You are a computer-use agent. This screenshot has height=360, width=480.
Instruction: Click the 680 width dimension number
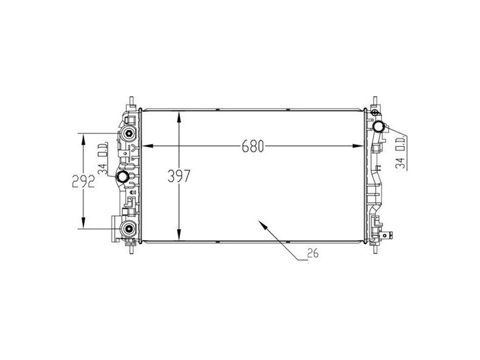[253, 146]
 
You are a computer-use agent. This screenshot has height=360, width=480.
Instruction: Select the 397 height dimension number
[179, 176]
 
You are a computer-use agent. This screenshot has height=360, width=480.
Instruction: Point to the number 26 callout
[312, 253]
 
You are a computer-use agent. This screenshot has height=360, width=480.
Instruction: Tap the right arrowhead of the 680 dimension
[361, 146]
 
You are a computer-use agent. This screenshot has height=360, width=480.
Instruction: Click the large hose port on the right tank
[379, 127]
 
